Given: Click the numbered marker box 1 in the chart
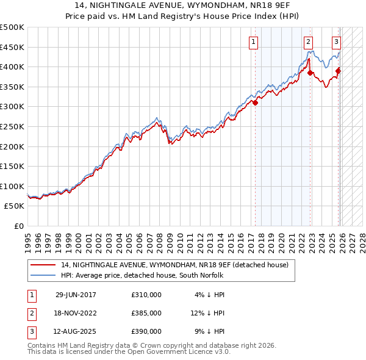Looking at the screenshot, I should point(253,42).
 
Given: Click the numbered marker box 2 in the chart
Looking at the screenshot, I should point(309,42).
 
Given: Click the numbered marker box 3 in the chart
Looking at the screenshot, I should point(336,42).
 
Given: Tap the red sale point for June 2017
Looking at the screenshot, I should point(255,103).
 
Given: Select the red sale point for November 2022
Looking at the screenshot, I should point(310,73).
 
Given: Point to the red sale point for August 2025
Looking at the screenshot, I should point(339,71).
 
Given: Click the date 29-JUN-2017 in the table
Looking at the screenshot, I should point(76,295).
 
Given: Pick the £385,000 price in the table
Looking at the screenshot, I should point(146,313).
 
